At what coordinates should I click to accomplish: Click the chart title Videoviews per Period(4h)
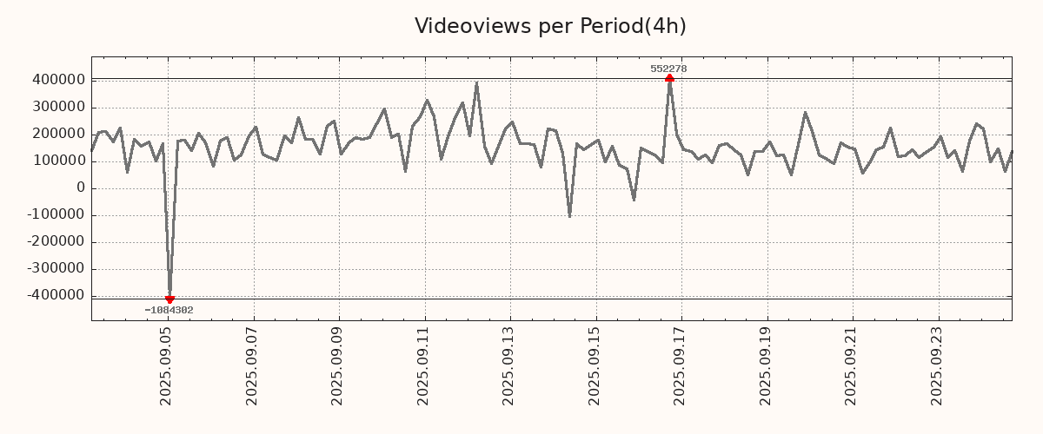point(550,26)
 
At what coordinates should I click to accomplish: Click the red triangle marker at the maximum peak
point(669,78)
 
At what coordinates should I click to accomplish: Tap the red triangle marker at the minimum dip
point(169,299)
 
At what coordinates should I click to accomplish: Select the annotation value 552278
point(668,69)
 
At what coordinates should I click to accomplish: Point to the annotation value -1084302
point(169,310)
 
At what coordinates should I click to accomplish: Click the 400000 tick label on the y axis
point(57,80)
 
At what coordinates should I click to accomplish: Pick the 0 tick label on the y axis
point(81,187)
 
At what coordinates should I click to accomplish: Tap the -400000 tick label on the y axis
point(55,295)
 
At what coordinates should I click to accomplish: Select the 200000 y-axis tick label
point(57,134)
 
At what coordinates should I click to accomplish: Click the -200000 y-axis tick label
point(55,241)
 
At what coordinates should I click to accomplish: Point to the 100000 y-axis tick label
point(57,161)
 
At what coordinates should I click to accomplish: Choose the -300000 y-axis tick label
point(55,268)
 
